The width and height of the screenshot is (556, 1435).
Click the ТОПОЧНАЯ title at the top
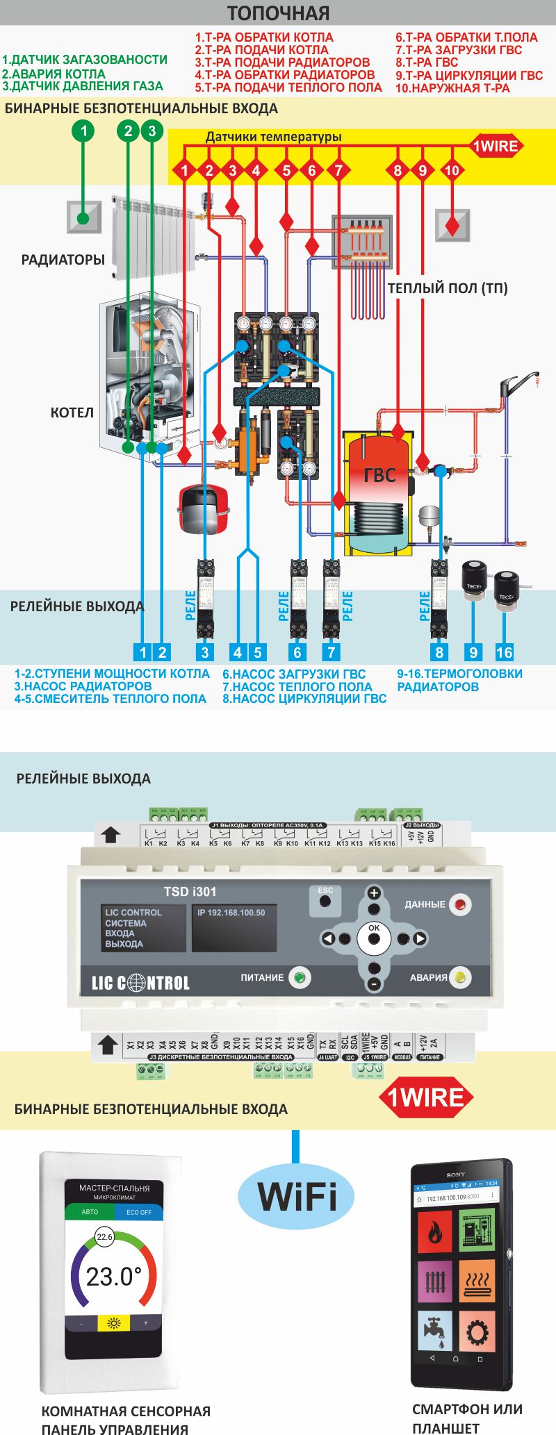pyautogui.click(x=278, y=13)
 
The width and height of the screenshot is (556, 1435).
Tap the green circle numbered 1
pyautogui.click(x=83, y=131)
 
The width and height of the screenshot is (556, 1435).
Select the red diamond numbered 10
pyautogui.click(x=452, y=170)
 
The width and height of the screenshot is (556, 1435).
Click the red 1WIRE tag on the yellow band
pyautogui.click(x=495, y=147)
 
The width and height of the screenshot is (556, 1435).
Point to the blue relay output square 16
pyautogui.click(x=504, y=652)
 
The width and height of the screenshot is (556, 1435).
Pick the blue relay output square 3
pyautogui.click(x=204, y=652)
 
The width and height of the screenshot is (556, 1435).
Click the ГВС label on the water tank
pyautogui.click(x=379, y=475)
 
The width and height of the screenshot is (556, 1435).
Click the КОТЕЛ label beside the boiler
pyautogui.click(x=72, y=413)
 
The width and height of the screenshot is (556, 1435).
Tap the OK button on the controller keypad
pyautogui.click(x=374, y=938)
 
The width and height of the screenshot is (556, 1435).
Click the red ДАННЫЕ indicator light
pyautogui.click(x=459, y=904)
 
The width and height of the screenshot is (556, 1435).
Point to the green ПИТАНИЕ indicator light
pyautogui.click(x=300, y=977)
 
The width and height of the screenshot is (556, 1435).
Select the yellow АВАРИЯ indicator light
pyautogui.click(x=459, y=977)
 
